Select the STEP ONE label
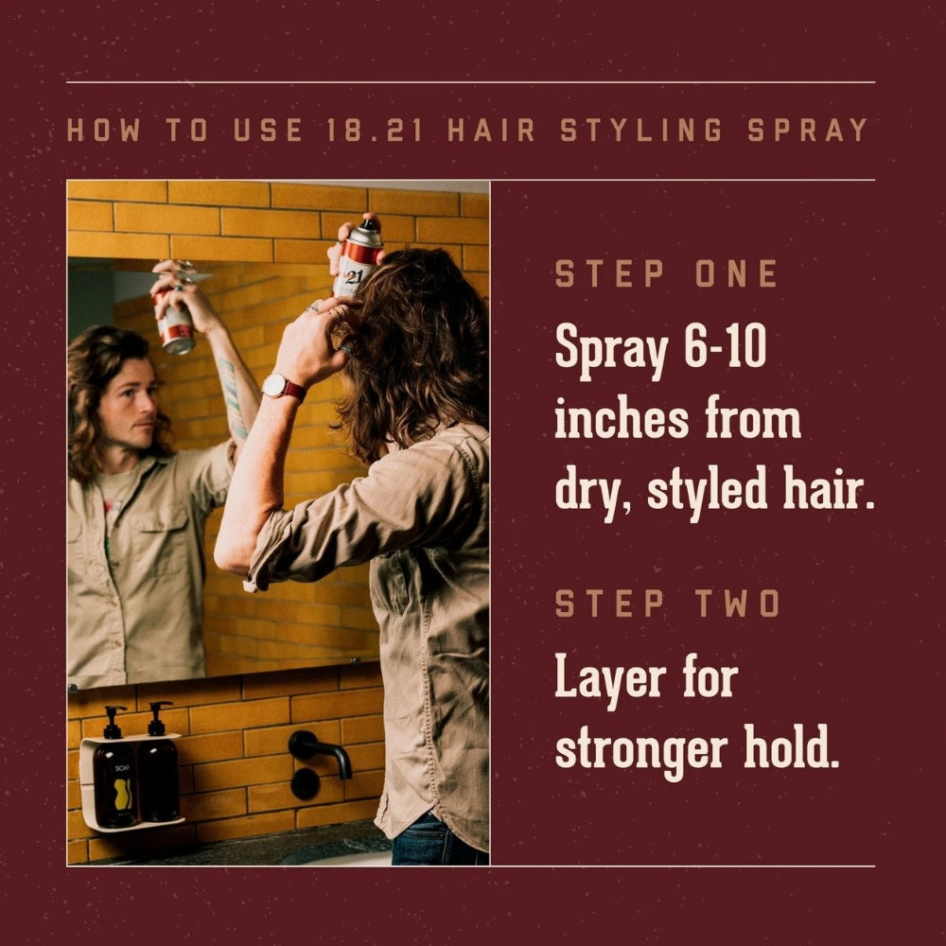(x=666, y=274)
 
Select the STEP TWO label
(x=666, y=603)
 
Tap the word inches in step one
(x=619, y=421)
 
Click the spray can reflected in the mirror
(x=174, y=320)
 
